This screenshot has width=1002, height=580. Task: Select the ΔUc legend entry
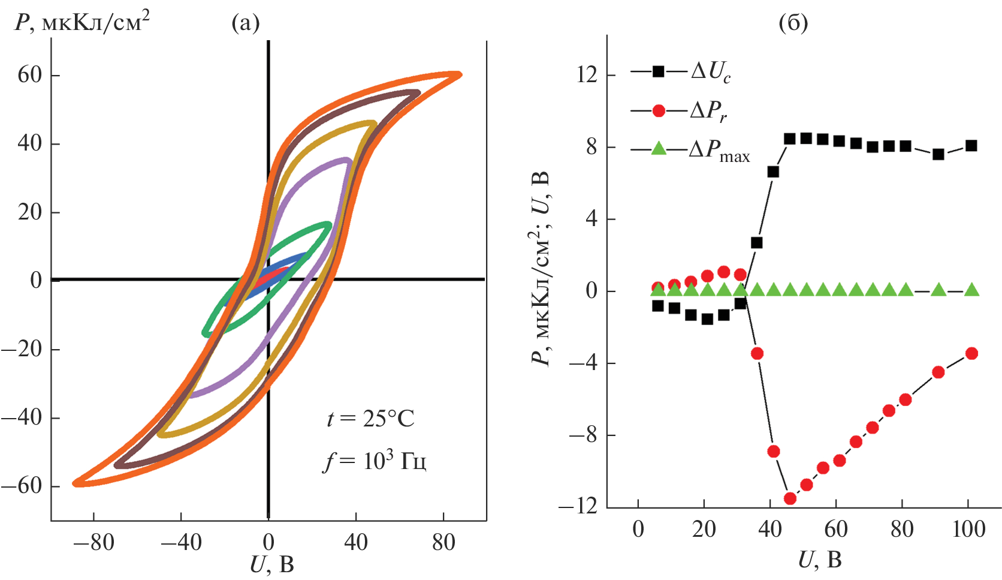(680, 72)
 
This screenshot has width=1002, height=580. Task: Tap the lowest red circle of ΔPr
(790, 498)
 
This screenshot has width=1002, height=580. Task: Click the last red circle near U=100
(971, 353)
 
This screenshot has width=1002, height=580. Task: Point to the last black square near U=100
(971, 146)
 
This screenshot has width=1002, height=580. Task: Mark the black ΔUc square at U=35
(756, 243)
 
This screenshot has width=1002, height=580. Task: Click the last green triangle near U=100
(971, 290)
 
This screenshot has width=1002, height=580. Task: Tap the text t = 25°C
(370, 419)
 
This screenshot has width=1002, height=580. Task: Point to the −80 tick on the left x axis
(93, 542)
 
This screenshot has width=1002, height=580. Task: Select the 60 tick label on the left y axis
(29, 76)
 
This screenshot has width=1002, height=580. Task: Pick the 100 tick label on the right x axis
(968, 530)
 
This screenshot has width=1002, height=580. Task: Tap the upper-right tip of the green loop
(328, 226)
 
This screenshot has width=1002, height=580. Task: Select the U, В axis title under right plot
(820, 560)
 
